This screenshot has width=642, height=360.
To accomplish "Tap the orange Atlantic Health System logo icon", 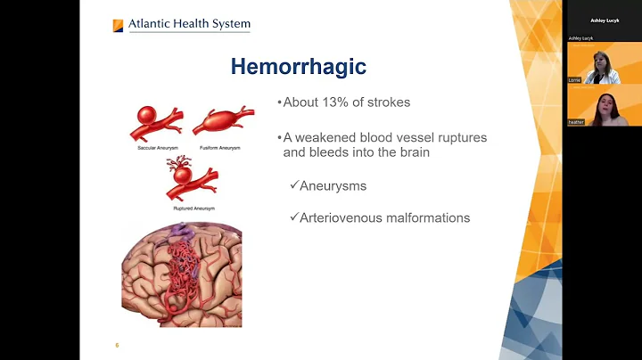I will click(x=118, y=26).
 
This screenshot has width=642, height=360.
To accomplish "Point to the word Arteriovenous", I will click(x=343, y=217).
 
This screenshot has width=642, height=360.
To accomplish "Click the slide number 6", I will click(x=117, y=345).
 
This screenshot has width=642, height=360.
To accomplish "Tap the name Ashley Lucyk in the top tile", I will click(x=604, y=20).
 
